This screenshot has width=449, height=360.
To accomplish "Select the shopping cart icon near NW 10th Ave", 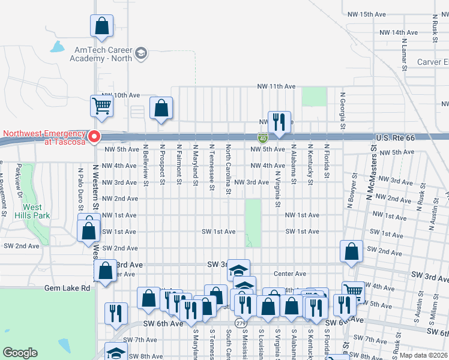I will tap(102, 106).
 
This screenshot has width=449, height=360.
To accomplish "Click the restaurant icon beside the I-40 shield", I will tap(279, 122).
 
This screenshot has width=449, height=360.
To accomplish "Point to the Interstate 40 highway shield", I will tap(264, 139).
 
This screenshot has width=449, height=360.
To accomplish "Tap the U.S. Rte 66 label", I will tap(394, 138).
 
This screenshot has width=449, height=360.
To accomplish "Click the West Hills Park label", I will tap(28, 210).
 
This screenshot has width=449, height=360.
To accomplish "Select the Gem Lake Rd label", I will tap(67, 288).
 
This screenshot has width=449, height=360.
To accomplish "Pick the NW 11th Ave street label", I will tap(277, 86).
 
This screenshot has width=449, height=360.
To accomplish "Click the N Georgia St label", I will tap(343, 110).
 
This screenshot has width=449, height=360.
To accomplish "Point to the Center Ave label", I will tap(290, 274).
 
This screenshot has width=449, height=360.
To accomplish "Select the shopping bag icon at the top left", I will tap(101, 26).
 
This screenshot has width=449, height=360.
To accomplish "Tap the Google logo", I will tap(20, 353).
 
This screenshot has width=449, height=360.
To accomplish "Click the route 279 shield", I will tap(241, 323).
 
